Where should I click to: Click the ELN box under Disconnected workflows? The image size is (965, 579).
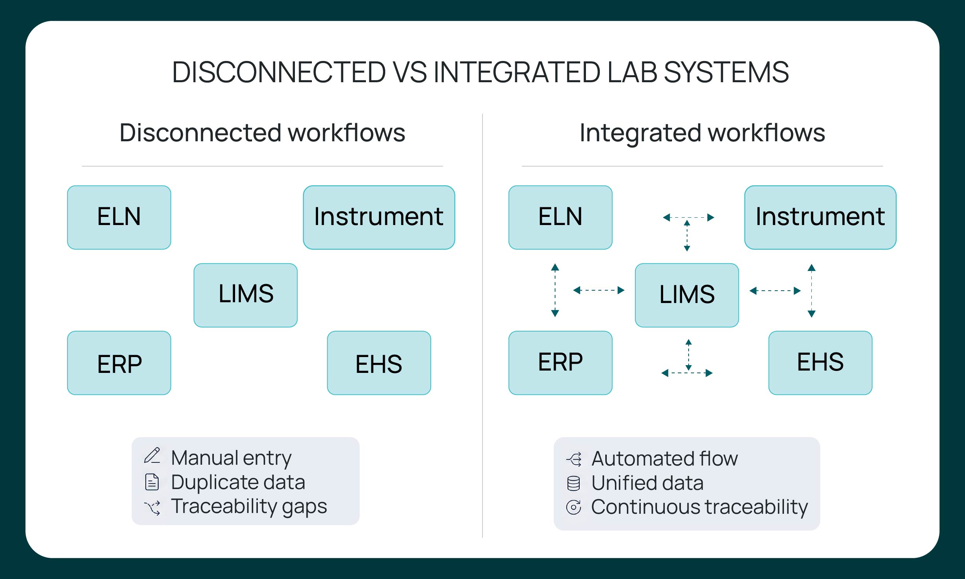(119, 217)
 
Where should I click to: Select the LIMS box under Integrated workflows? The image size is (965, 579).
(687, 295)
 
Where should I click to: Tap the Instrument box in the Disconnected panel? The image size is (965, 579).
(379, 217)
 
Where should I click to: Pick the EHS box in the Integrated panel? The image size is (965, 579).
(820, 363)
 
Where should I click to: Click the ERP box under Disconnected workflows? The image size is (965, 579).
(119, 363)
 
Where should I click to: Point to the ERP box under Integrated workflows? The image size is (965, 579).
(560, 363)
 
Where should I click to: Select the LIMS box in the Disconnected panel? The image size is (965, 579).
(246, 295)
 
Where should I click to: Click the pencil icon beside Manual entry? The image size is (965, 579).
(152, 456)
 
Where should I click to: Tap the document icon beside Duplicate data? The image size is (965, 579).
(152, 482)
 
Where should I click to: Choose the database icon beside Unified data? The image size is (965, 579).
(573, 483)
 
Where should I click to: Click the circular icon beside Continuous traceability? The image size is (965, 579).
(573, 507)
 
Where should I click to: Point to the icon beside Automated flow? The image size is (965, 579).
(574, 459)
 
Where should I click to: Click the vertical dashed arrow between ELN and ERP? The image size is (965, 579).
(555, 290)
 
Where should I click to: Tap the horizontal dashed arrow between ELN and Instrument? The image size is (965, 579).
(689, 217)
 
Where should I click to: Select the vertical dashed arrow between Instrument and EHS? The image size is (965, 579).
(812, 291)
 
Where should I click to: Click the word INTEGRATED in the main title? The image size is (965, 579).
(517, 72)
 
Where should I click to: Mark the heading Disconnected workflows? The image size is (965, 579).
(262, 133)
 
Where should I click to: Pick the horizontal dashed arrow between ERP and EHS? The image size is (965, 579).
(687, 373)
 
